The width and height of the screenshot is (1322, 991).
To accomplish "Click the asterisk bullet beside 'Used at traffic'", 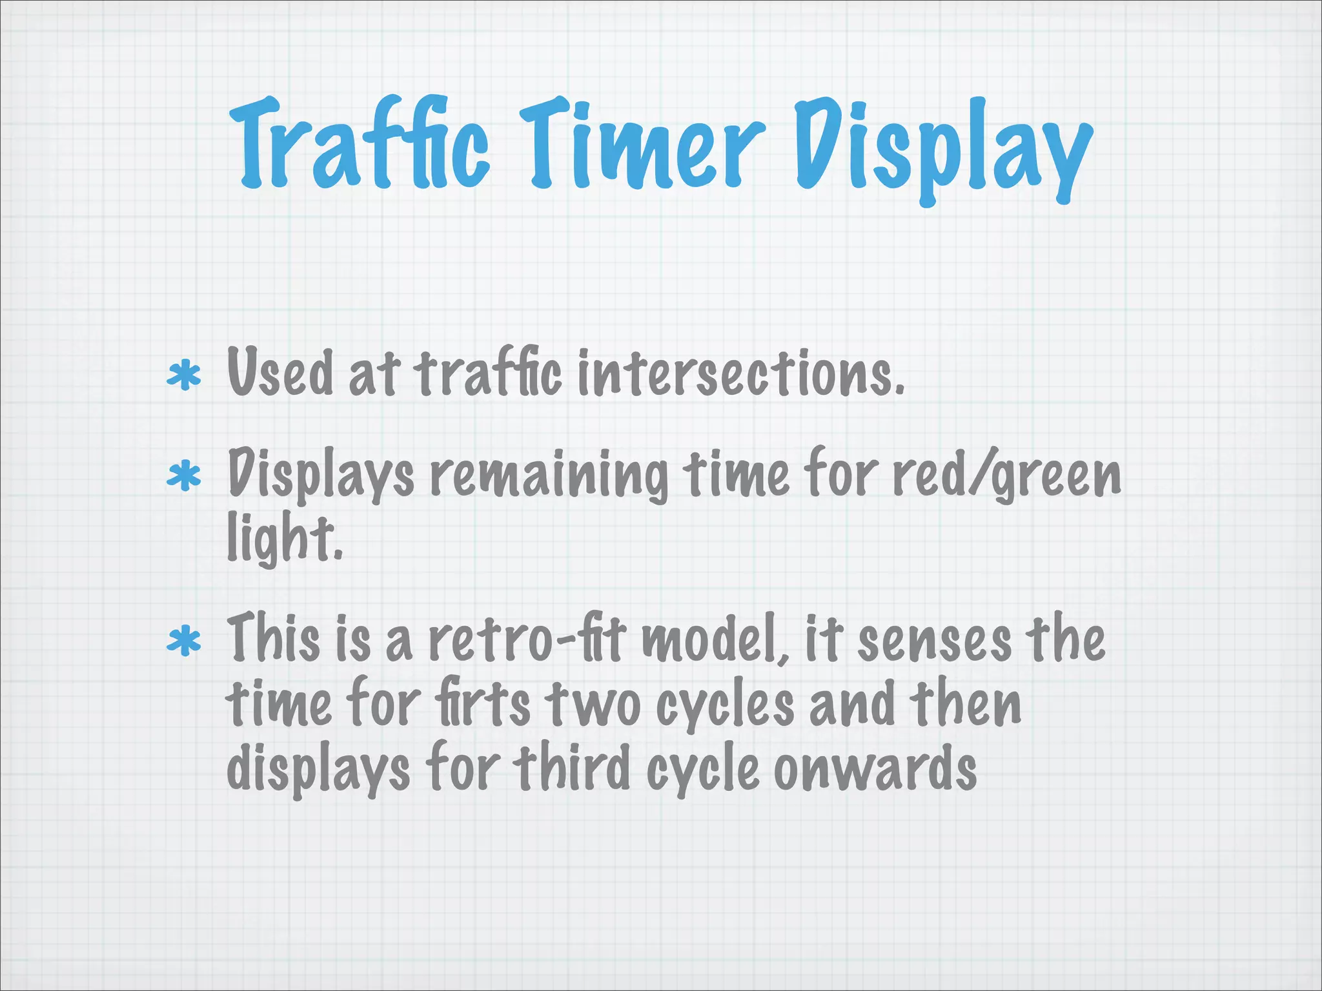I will tap(184, 376).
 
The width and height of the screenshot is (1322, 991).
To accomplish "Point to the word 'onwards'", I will tap(875, 768).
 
